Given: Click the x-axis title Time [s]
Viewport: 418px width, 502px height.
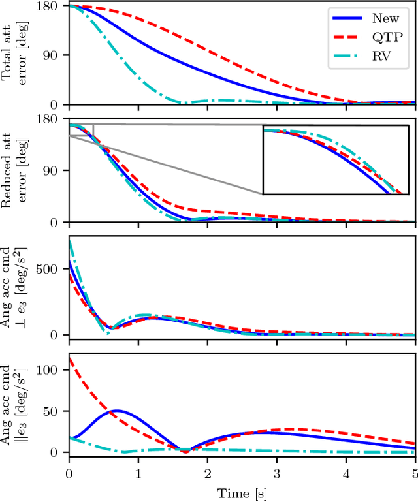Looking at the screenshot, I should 242,494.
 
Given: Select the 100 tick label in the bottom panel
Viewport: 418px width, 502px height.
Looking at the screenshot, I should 51,369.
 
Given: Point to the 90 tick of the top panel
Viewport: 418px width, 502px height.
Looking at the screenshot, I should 54,55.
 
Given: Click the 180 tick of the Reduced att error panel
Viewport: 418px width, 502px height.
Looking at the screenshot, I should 51,119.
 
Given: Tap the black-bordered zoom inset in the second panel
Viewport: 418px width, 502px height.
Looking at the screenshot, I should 335,159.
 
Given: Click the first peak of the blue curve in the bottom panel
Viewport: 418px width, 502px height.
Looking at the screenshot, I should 117,411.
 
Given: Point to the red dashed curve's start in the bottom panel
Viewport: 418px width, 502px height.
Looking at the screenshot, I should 70,358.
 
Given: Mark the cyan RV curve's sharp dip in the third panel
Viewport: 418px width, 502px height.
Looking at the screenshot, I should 108,334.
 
